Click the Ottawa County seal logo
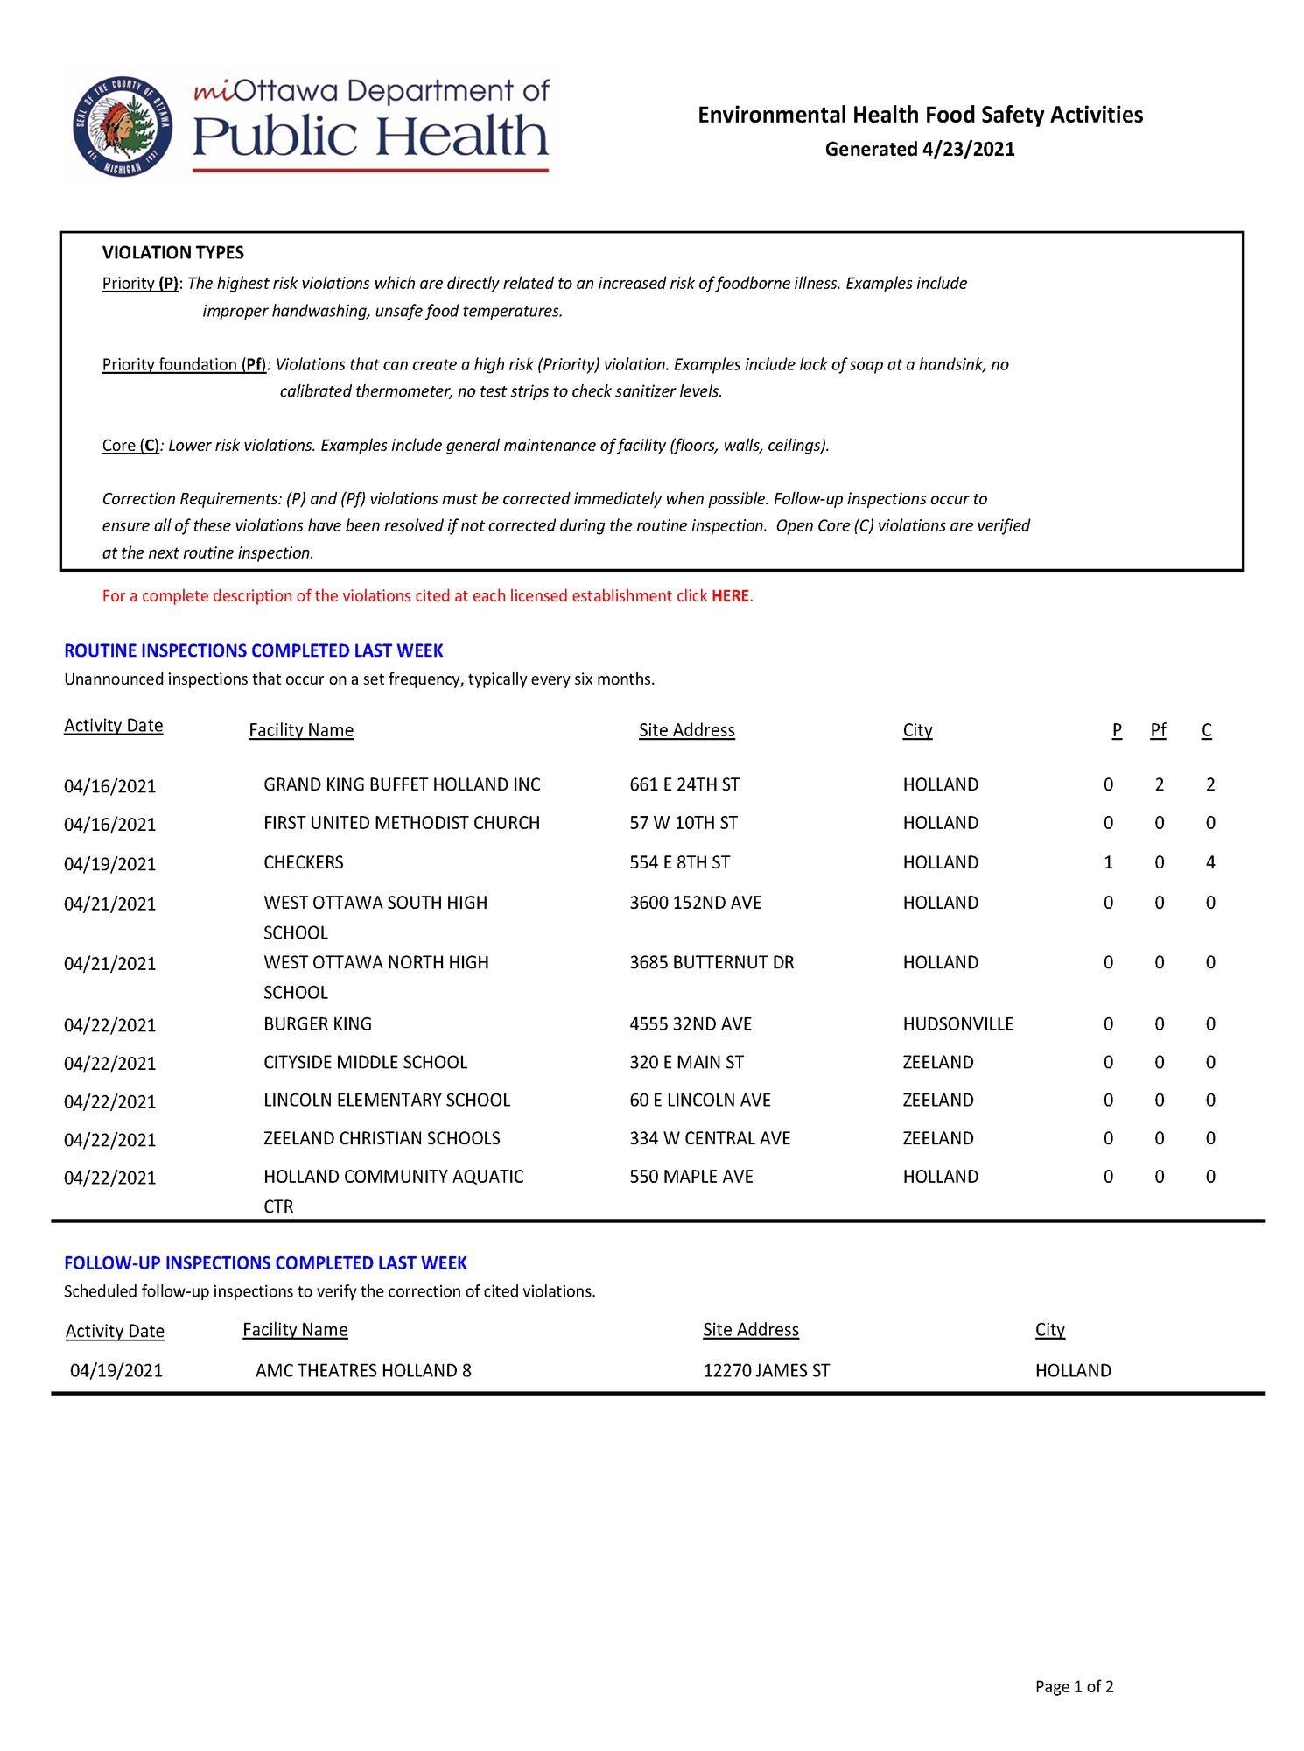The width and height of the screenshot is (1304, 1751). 123,126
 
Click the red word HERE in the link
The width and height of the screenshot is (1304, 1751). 730,596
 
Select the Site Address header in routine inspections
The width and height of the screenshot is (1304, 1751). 686,730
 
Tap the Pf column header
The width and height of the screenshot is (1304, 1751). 1158,730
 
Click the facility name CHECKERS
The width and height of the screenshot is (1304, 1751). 304,862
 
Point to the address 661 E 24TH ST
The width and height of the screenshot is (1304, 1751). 684,784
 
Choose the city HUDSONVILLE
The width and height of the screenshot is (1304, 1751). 957,1023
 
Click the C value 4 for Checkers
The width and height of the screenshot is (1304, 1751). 1210,862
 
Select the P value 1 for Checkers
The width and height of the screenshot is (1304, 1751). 1108,862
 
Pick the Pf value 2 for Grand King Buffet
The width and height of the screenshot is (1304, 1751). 1159,784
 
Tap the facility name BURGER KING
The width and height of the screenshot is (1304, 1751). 318,1023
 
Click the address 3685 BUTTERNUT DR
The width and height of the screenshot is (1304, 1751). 712,962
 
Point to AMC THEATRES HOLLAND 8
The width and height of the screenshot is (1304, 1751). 363,1370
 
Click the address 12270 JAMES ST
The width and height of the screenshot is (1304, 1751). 766,1370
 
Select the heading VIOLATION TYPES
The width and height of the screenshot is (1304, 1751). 173,253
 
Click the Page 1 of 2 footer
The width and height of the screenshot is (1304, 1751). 1074,1686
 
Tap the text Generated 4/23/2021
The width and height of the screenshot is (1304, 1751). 920,149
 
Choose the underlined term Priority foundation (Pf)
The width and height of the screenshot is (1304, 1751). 185,364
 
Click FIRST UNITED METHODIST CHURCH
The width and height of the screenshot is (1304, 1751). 402,823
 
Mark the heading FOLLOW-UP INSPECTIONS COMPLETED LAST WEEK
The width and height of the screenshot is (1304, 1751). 265,1262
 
